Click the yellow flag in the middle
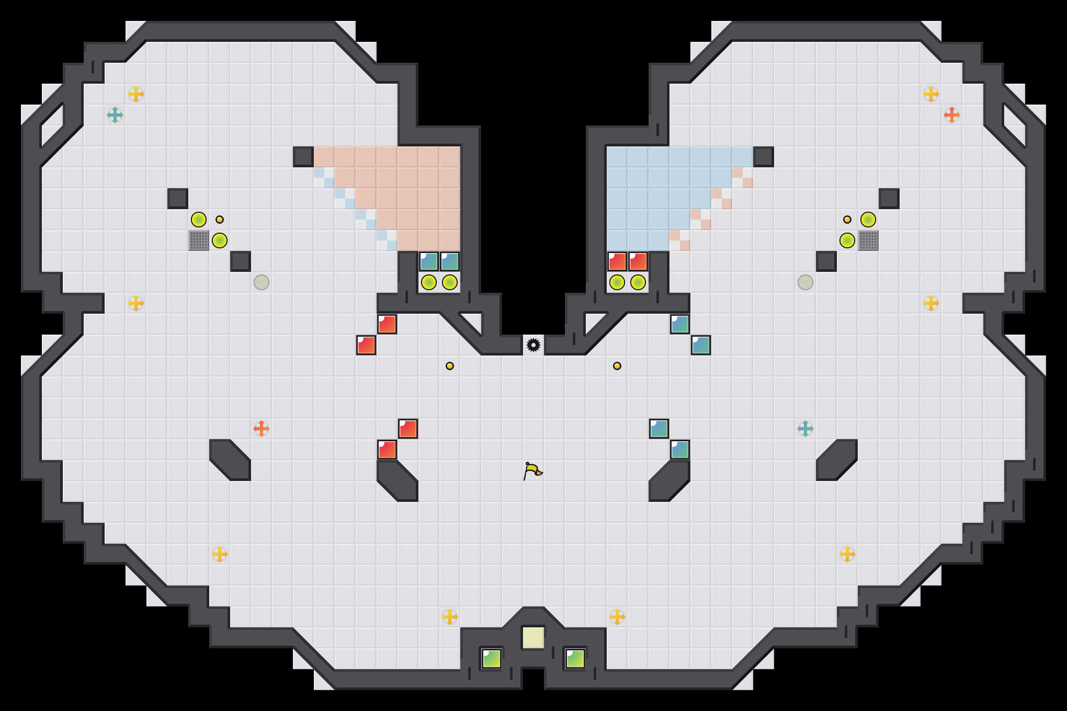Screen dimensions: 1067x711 click(x=532, y=471)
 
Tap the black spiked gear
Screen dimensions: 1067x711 click(x=533, y=345)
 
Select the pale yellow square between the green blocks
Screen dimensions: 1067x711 click(x=533, y=638)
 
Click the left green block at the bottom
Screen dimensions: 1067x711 click(x=491, y=659)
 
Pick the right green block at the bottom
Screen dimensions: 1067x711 click(x=575, y=659)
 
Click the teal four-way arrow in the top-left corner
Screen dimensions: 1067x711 click(x=115, y=115)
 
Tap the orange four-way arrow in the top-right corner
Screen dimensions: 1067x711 click(x=951, y=115)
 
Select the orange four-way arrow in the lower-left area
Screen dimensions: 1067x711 click(x=262, y=429)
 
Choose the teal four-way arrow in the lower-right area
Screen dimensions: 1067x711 click(x=805, y=429)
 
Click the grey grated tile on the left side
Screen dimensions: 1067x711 click(x=199, y=240)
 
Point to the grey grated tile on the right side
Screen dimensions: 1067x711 click(x=868, y=240)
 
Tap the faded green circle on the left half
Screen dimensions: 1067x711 click(x=262, y=282)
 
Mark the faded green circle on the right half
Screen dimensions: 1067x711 click(x=805, y=282)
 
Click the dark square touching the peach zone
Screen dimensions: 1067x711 click(x=303, y=157)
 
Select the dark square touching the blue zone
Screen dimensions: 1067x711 click(x=763, y=157)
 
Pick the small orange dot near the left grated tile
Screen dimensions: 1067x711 click(x=220, y=220)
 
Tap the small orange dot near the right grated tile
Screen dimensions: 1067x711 click(x=847, y=220)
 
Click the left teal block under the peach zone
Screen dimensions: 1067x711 click(x=429, y=261)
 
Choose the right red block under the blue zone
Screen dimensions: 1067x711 click(x=638, y=261)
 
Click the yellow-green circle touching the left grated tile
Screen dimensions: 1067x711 click(x=220, y=240)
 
